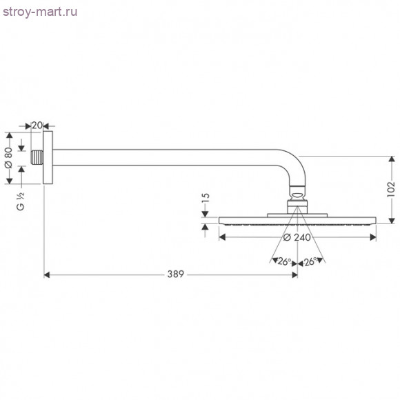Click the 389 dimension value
[x=175, y=274]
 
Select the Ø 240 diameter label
[x=297, y=237]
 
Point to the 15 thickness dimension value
[x=206, y=200]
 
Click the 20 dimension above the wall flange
[x=37, y=125]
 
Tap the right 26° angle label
[x=310, y=261]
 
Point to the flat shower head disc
[x=297, y=221]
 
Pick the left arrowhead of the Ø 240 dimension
[x=222, y=237]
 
